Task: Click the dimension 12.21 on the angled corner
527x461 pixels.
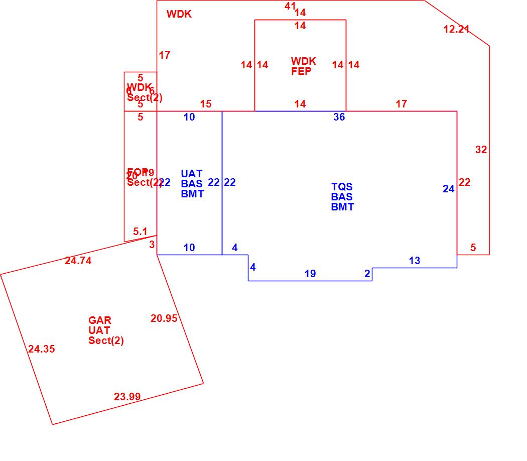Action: coord(456,29)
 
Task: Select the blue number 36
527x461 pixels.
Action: coord(339,117)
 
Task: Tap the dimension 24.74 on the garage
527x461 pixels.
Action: coord(78,261)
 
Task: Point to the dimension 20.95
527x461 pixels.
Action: coord(164,318)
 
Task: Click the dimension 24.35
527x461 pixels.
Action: coord(42,349)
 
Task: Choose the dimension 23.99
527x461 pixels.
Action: coord(127,397)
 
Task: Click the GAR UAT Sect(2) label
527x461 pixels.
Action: coord(106,330)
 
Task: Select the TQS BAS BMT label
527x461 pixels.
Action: coord(342,197)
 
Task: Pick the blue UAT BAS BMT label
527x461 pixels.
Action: coord(192,184)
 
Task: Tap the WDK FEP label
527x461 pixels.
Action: coord(303,66)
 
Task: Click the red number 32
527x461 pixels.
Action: coord(481,150)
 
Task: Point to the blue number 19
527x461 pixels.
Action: coord(310,274)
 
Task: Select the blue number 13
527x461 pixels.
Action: coord(415,261)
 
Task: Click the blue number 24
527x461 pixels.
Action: coord(448,189)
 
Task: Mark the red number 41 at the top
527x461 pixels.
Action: coord(290,6)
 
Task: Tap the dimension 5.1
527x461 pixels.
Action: coord(140,232)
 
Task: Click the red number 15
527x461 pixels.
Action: coord(206,104)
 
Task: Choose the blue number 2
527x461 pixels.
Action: coord(367,274)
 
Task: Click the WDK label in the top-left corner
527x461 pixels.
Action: coord(179,14)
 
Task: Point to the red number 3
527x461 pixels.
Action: coord(152,245)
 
